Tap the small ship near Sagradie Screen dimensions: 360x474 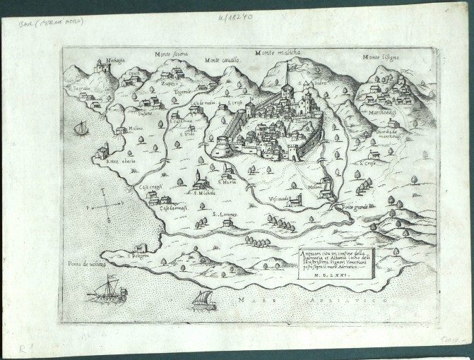click(82, 127)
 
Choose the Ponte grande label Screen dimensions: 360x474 click(356, 206)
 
